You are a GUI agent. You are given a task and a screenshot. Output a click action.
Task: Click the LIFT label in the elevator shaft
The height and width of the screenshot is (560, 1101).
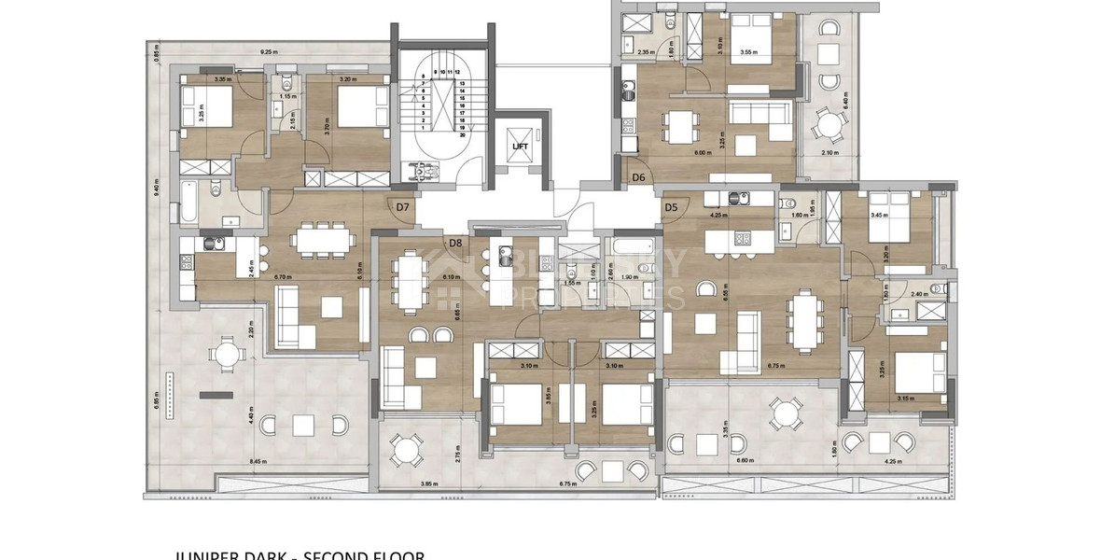point(521,147)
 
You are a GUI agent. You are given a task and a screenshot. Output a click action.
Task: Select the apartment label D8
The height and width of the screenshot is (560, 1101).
point(455,244)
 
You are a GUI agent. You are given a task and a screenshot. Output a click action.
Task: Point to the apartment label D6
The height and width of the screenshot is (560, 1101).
point(639,177)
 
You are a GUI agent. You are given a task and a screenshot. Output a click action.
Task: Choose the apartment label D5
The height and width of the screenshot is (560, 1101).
point(670,207)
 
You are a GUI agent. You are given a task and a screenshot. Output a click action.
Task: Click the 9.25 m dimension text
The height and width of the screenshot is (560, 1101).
point(269,52)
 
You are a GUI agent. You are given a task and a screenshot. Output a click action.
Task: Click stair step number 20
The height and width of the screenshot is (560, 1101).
point(462,134)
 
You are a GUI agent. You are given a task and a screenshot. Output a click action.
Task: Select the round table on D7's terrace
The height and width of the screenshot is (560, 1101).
point(226,355)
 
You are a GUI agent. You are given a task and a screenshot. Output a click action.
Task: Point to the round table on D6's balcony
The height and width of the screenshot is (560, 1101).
point(827,124)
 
